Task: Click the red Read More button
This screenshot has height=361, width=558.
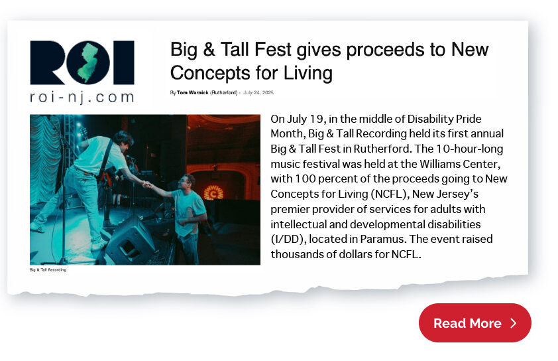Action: coord(474,323)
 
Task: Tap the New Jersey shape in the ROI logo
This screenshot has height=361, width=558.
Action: coord(88,62)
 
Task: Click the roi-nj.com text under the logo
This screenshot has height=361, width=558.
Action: coord(82,98)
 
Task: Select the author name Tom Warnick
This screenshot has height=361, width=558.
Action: coord(193,93)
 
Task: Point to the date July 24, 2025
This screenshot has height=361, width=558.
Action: coord(258,93)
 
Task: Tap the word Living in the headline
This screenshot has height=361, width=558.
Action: coord(307,73)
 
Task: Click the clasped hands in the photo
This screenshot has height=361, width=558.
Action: coord(147,184)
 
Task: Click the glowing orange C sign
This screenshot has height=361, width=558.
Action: coord(213,193)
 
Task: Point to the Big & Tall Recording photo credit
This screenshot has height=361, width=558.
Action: coord(48,270)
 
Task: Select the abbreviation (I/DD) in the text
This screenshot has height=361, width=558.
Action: coord(288,239)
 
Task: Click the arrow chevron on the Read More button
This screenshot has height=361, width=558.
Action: coord(513,323)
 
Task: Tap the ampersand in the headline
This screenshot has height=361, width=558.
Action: coord(209,49)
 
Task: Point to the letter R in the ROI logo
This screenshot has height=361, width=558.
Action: coord(48,62)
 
